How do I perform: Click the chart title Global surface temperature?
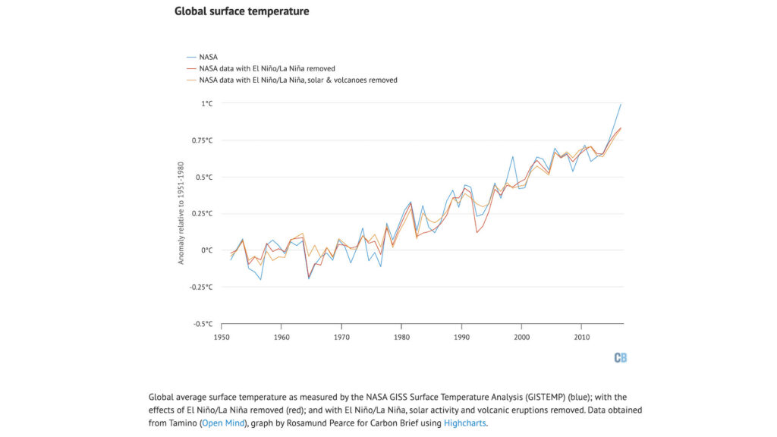point(241,11)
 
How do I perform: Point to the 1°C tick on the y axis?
point(206,103)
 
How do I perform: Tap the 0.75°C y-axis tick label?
point(202,140)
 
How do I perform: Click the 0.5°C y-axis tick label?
point(204,177)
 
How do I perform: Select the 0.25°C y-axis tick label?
point(202,214)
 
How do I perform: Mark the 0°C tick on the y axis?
point(206,250)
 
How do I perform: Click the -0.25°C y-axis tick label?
point(200,287)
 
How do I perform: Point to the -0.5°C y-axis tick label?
point(203,324)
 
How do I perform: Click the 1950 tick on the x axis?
point(222,336)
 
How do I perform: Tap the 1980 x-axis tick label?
point(401,336)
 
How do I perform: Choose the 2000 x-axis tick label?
point(521,336)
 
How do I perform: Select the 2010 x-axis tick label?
point(581,336)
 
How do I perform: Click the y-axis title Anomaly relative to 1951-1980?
point(181,213)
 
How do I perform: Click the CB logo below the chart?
point(620,357)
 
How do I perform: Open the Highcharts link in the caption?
point(464,423)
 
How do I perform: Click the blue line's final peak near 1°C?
point(621,104)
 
